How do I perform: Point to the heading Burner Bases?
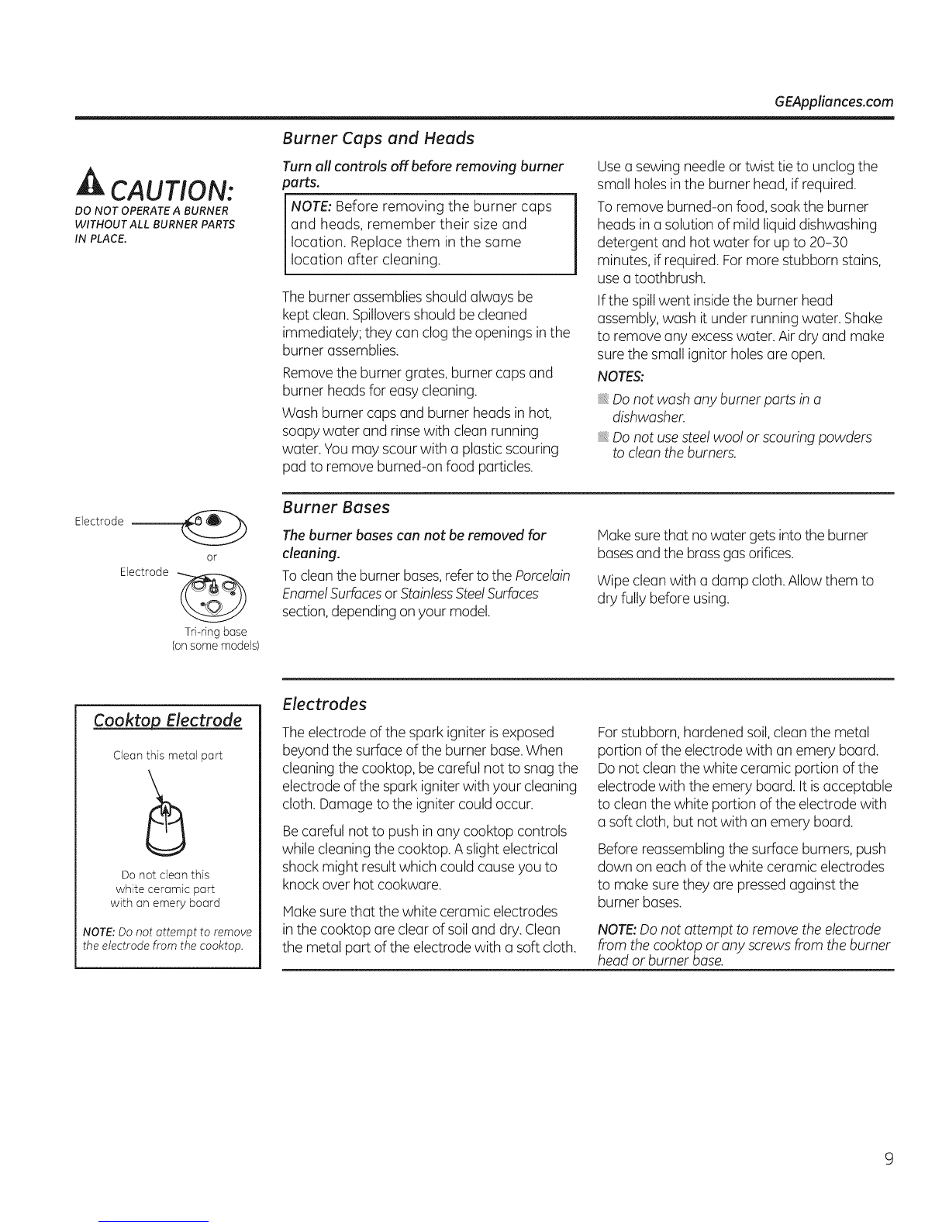click(336, 508)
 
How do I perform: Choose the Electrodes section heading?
click(324, 704)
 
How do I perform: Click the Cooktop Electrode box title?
click(167, 720)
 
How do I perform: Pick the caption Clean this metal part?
click(167, 755)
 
